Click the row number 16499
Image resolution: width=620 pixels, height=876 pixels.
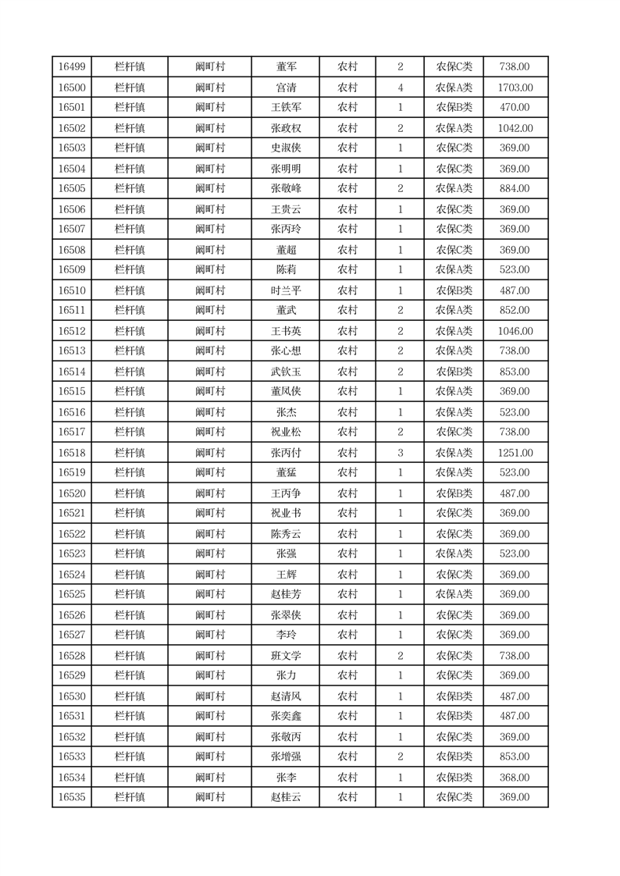coord(72,67)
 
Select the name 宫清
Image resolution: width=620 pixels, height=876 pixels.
coord(286,87)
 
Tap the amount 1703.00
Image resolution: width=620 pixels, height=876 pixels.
coord(515,87)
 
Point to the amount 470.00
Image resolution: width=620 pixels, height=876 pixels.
coord(515,108)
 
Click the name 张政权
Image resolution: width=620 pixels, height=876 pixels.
coord(286,128)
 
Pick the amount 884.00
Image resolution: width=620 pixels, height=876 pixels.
coord(515,188)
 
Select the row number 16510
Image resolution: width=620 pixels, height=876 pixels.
coord(72,290)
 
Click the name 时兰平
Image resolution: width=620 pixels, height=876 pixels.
coord(286,290)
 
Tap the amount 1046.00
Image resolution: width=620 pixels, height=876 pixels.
coord(515,331)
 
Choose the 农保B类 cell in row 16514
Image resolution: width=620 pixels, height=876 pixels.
coord(454,372)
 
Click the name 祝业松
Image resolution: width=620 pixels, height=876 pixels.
coord(286,432)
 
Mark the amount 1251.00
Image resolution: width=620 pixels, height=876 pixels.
coord(515,453)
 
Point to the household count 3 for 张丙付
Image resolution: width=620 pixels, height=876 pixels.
coord(401,453)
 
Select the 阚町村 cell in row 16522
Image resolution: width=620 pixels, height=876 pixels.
coord(210,534)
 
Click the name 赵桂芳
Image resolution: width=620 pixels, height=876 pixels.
coord(286,594)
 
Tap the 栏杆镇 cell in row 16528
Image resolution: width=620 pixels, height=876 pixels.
coord(130,656)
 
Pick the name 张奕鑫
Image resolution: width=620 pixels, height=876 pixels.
coord(286,716)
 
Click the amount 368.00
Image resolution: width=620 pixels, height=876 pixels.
coord(515,778)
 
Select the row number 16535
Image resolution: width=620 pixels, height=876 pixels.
coord(72,797)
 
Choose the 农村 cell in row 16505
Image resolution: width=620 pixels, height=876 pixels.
coord(347,188)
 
